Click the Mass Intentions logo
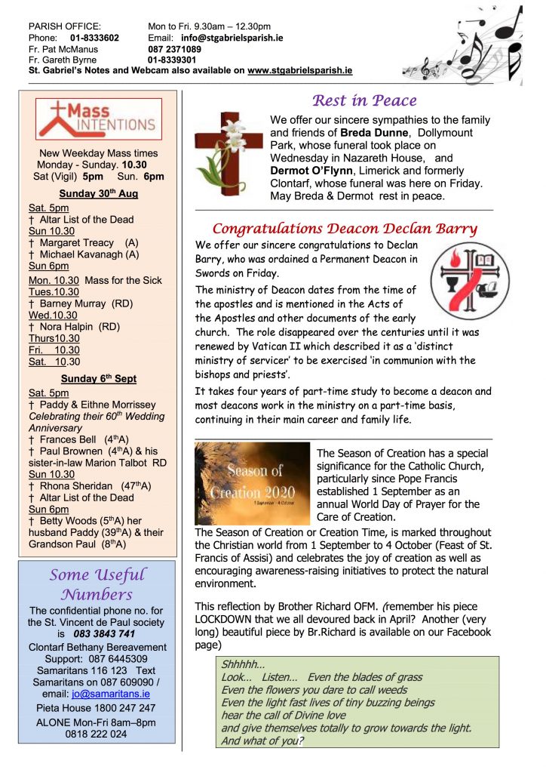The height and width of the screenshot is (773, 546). (99, 119)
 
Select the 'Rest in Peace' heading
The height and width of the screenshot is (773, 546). (363, 100)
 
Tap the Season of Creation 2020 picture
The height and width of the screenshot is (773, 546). (252, 484)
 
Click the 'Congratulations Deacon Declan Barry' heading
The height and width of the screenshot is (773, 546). (344, 229)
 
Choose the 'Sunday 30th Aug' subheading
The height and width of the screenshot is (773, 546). (99, 193)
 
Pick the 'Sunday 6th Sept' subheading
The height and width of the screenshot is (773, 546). (99, 378)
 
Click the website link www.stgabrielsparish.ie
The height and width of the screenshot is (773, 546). (299, 70)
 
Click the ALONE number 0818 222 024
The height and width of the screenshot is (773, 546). (96, 734)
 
